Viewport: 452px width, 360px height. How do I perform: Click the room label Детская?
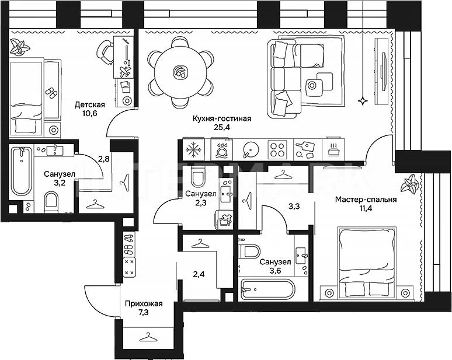pos(89,105)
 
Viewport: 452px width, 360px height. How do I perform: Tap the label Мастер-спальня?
pos(366,199)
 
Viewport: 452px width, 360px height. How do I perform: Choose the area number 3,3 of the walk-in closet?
pos(295,205)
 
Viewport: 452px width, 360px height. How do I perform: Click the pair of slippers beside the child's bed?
pos(52,92)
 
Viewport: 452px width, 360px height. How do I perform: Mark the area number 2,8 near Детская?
pos(104,158)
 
